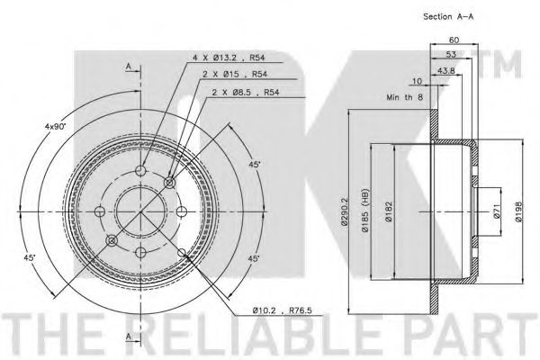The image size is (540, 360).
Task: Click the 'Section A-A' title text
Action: [x=448, y=16]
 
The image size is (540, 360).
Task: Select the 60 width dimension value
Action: [x=454, y=40]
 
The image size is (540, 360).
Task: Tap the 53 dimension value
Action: [x=451, y=54]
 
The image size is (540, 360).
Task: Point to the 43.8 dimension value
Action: [x=446, y=70]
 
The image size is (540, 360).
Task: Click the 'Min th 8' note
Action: [x=404, y=97]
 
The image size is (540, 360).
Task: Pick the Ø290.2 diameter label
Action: [x=346, y=211]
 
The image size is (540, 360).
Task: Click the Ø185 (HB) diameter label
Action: [x=365, y=210]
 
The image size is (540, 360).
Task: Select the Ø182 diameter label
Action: [x=389, y=211]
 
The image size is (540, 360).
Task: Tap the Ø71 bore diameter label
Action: [x=497, y=211]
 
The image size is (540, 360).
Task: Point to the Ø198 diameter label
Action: [x=519, y=211]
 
